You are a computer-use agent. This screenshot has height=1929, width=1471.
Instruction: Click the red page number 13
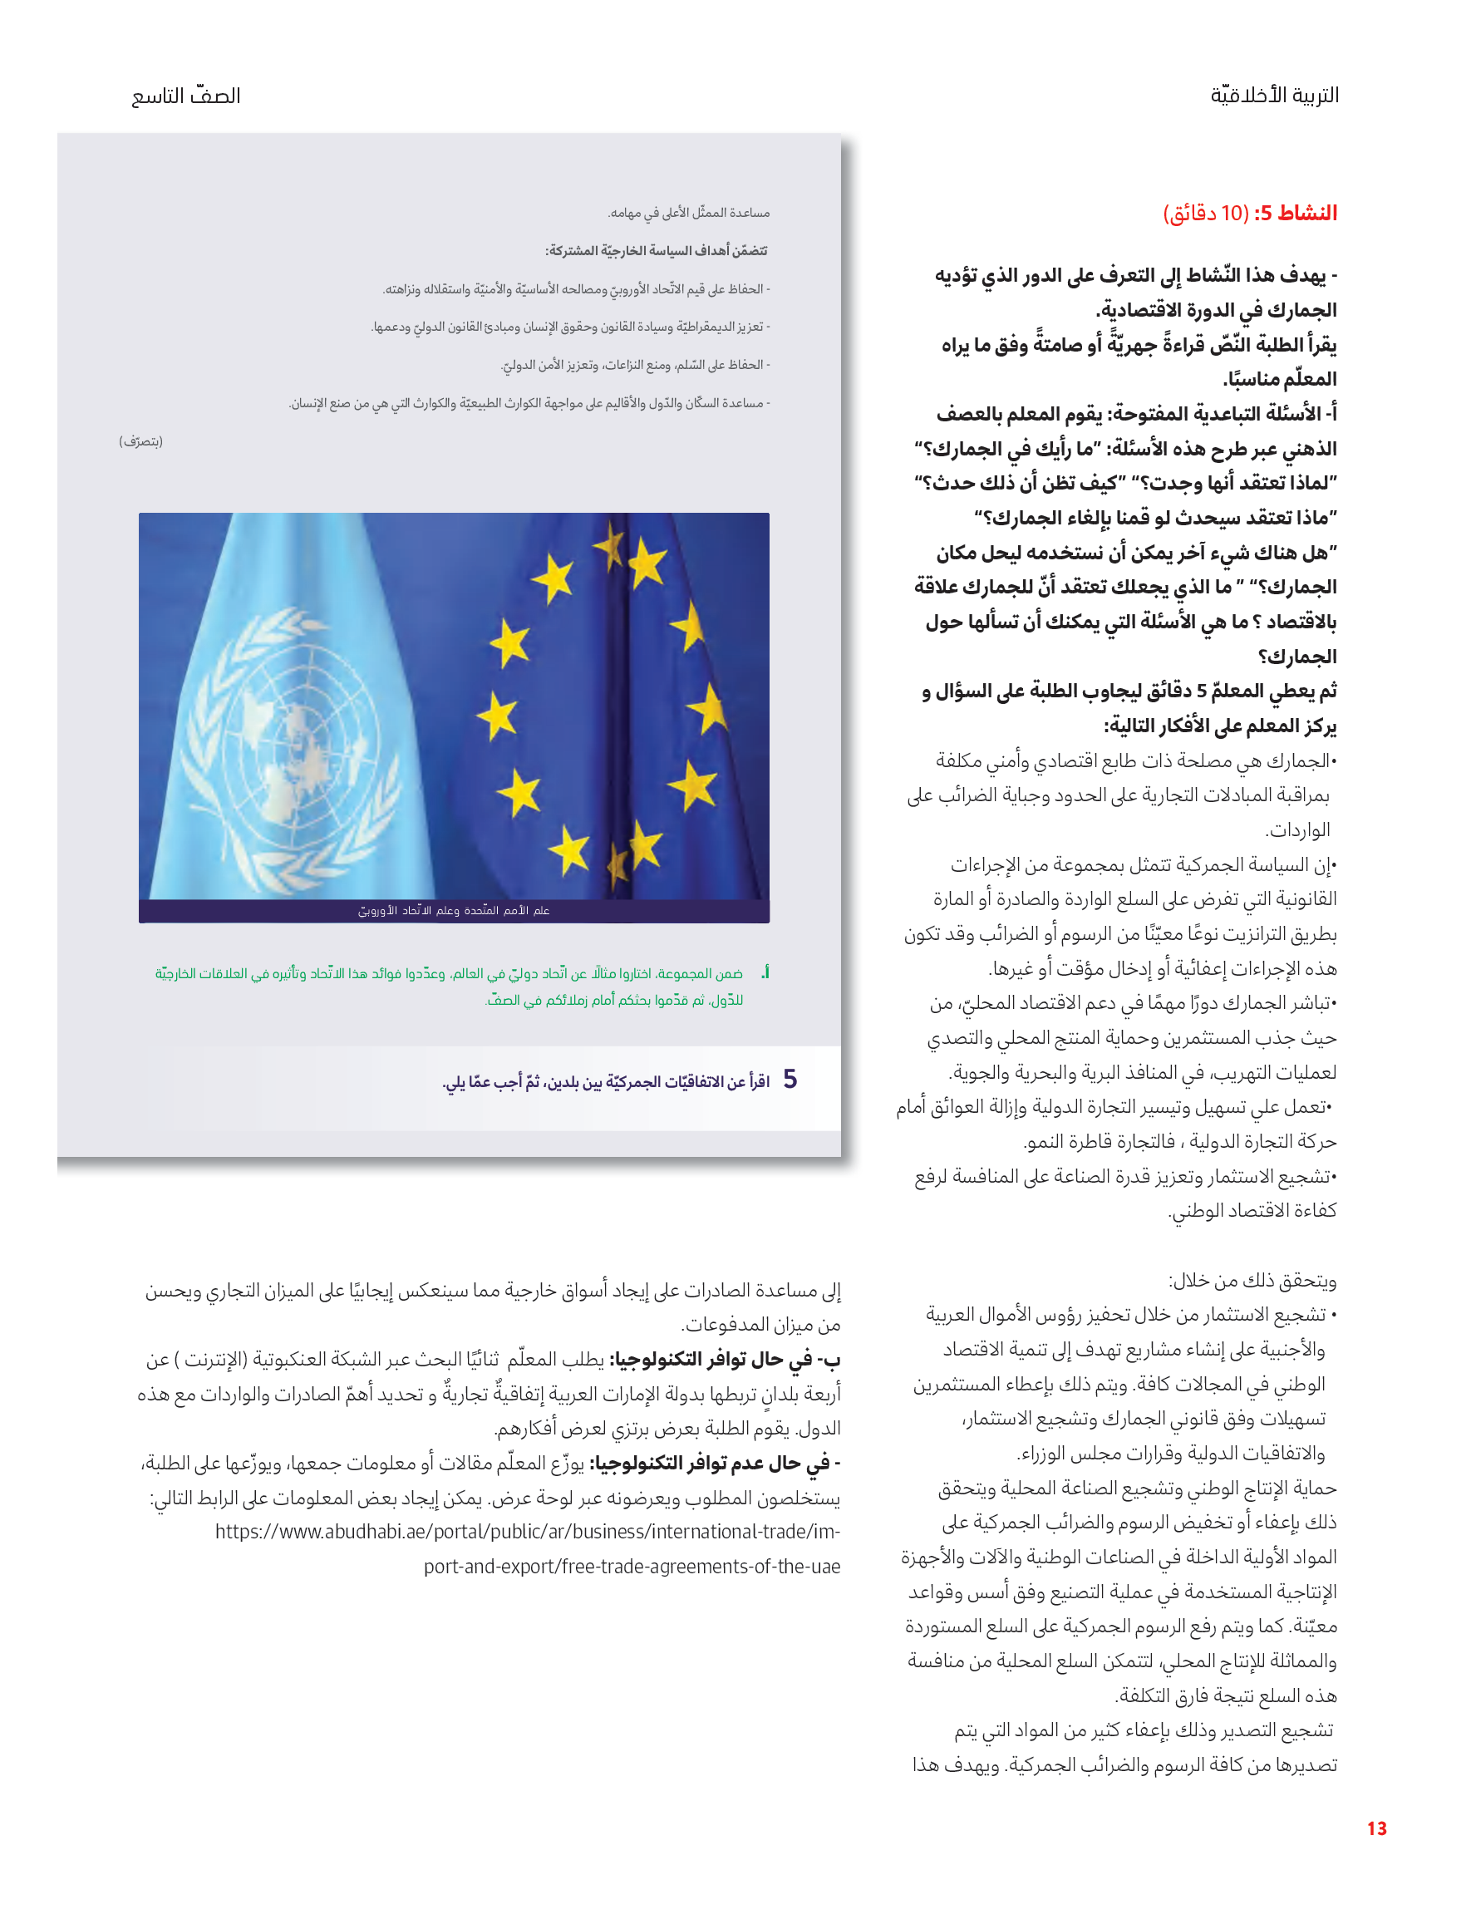tap(1375, 1828)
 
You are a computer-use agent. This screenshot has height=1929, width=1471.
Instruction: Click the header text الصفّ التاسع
tap(185, 96)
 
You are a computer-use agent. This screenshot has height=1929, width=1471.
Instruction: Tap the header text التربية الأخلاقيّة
tap(1274, 95)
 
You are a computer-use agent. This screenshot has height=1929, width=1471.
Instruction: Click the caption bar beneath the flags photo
tap(454, 911)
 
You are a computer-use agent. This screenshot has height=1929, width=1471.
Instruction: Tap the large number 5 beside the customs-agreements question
tap(790, 1080)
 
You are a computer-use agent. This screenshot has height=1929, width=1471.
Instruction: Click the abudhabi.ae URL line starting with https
tap(527, 1532)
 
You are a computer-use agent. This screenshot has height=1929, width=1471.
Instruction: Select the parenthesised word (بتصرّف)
tap(141, 441)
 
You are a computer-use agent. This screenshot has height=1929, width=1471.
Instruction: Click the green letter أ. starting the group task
tap(765, 973)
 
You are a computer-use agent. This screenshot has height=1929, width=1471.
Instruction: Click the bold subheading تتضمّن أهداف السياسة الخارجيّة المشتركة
tap(656, 251)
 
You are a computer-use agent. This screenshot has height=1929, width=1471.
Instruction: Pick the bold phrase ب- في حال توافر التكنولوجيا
tap(724, 1360)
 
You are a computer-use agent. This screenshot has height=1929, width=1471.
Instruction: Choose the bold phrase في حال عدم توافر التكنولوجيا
tap(716, 1464)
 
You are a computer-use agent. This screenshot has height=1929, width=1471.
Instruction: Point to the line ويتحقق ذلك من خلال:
tap(1252, 1281)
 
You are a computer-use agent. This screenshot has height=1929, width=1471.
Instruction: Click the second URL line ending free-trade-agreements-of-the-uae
tap(632, 1567)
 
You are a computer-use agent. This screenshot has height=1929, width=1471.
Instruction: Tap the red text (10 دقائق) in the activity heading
tap(1206, 213)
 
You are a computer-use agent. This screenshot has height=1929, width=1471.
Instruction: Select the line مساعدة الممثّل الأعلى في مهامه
tap(689, 213)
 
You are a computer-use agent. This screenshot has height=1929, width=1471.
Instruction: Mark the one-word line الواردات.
tap(1297, 830)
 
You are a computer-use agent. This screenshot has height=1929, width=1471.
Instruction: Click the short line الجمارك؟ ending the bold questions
tap(1297, 657)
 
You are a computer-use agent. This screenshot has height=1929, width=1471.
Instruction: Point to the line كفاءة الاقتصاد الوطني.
tap(1252, 1211)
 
